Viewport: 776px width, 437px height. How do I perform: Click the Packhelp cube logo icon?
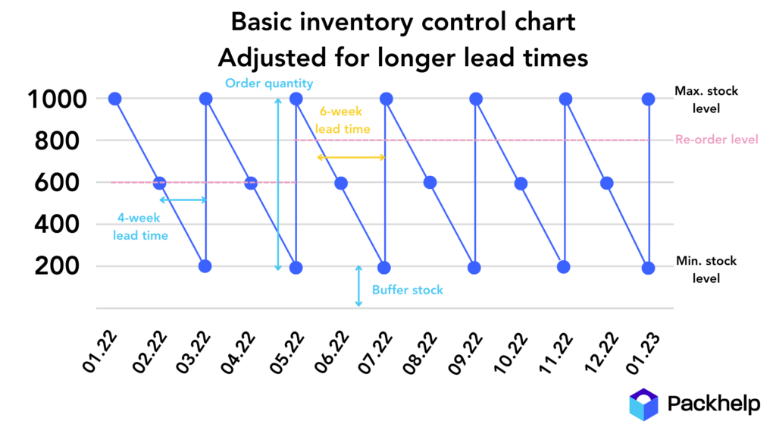644,404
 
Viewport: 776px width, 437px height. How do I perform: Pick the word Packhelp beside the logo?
713,404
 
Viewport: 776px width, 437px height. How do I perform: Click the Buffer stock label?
408,290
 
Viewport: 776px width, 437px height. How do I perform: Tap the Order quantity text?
269,83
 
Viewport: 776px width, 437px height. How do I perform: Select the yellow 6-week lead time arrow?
351,157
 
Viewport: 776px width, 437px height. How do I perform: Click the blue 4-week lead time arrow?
183,200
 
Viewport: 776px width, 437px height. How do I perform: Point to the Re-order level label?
716,140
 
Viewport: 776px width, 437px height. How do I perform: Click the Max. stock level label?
706,99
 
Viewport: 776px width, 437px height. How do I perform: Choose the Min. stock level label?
706,269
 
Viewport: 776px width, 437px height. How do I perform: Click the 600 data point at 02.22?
159,183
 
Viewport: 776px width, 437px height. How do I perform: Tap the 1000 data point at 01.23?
648,99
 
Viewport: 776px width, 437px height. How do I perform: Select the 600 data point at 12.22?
606,183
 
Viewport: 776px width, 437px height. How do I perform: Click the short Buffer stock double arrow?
359,286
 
